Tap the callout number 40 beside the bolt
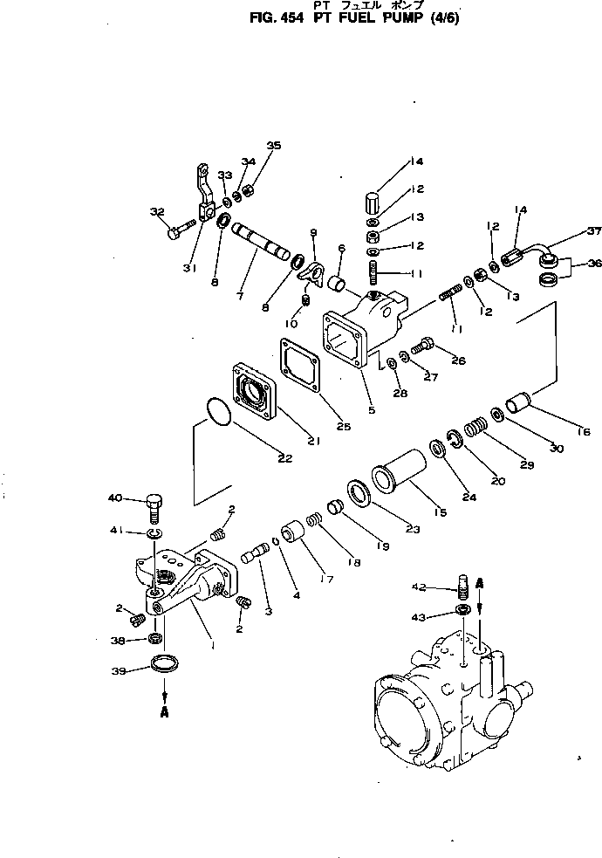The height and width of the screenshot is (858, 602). point(139,498)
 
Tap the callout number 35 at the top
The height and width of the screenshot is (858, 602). point(274,146)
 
